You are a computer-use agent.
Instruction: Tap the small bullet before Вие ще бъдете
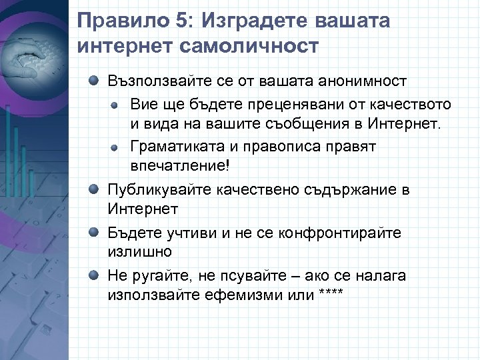click(x=115, y=105)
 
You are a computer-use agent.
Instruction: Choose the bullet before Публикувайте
click(x=96, y=189)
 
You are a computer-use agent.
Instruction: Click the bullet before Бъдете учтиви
click(x=96, y=233)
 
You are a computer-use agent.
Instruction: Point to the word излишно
click(x=139, y=253)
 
